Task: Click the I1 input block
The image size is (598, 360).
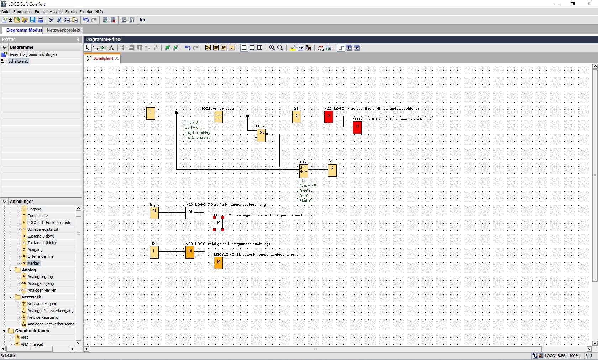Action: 151,113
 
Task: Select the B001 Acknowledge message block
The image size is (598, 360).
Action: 219,117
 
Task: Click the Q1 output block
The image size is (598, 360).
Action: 297,117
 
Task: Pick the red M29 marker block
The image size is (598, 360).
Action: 329,117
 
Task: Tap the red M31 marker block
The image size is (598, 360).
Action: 357,127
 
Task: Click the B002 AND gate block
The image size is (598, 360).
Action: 261,135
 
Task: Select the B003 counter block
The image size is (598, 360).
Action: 304,171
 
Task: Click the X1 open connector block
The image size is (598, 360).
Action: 332,170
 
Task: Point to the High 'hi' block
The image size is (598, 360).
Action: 154,213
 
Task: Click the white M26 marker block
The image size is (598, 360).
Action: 190,213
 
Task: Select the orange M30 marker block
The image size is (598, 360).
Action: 219,263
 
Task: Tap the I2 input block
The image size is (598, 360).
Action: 154,252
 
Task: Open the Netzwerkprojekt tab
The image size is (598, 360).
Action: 63,30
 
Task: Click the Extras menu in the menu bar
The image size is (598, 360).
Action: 71,12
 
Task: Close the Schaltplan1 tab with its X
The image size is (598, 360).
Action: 117,58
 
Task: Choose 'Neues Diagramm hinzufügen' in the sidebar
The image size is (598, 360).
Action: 32,54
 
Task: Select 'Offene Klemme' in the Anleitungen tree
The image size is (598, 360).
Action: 40,256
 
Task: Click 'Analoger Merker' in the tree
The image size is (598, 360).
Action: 41,290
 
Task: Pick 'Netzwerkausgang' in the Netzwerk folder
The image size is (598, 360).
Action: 43,317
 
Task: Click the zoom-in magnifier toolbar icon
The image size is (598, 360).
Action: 272,48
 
